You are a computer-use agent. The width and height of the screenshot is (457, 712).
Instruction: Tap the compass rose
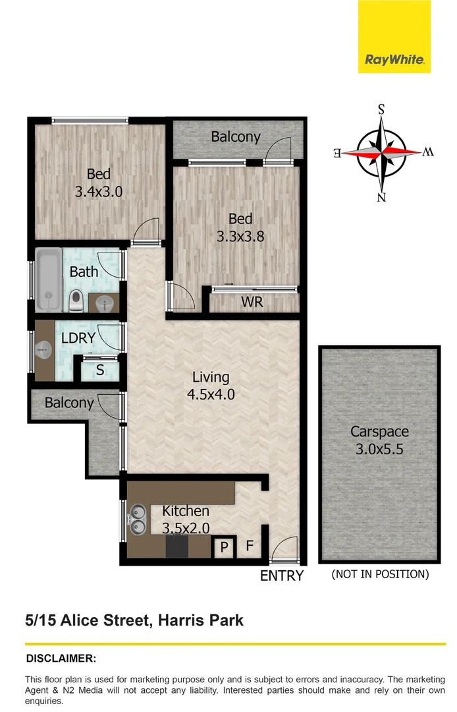tap(381, 152)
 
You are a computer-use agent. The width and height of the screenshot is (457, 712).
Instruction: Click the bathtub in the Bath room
tap(48, 280)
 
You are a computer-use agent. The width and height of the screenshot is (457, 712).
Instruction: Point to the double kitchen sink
tap(138, 519)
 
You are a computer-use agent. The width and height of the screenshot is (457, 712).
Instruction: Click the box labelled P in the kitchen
tap(224, 547)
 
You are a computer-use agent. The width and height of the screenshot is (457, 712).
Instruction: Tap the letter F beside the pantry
tap(250, 546)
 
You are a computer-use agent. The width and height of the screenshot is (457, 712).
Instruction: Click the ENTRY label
tap(282, 576)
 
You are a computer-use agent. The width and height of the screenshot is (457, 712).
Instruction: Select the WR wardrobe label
tap(252, 303)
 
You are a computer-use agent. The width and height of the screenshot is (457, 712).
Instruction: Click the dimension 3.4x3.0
tap(99, 192)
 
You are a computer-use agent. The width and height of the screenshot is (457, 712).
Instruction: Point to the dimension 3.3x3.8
tap(240, 236)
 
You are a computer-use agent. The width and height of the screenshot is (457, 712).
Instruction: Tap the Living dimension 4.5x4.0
tap(210, 395)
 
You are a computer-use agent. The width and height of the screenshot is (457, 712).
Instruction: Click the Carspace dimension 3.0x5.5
tap(379, 450)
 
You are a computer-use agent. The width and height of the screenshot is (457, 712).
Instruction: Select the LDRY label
tap(78, 338)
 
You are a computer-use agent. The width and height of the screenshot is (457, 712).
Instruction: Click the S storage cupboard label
tap(100, 371)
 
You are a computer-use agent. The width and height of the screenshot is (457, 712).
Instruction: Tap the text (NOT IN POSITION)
tap(380, 574)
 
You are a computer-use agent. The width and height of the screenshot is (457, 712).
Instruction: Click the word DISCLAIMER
tap(61, 658)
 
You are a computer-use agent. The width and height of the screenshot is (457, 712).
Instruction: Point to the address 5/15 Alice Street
tap(134, 620)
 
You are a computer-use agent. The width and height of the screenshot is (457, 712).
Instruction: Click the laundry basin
tap(44, 349)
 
